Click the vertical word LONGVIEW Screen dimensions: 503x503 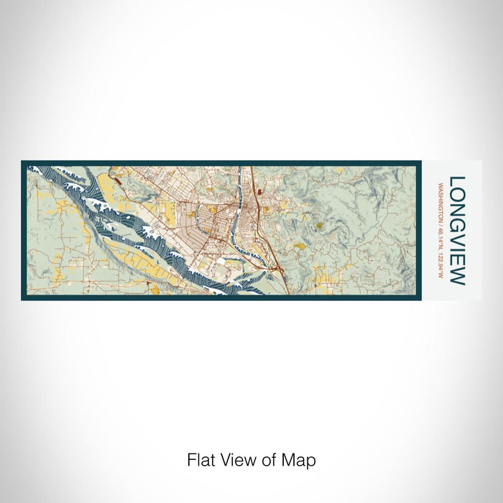(457, 231)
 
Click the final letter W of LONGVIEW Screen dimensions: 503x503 (457, 277)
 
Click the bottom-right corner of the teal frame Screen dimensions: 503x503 (419, 298)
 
